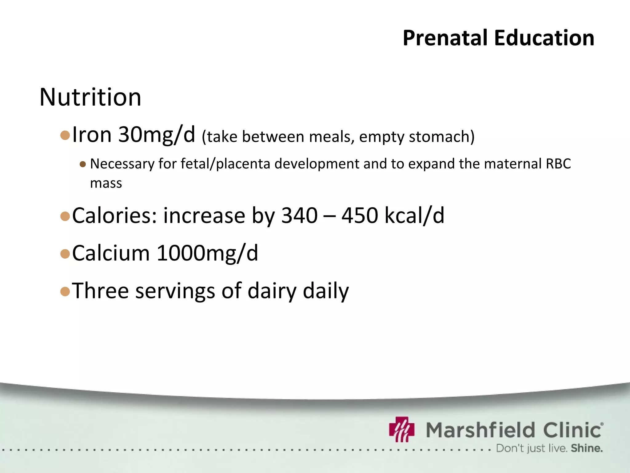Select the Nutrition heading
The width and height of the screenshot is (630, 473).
click(90, 97)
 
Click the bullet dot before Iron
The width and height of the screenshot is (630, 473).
click(65, 135)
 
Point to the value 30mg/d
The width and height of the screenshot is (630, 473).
click(157, 135)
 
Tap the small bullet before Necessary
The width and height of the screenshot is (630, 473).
click(82, 164)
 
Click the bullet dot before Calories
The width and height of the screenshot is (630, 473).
click(65, 216)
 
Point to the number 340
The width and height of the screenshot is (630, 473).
click(299, 216)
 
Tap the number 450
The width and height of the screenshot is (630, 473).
click(360, 216)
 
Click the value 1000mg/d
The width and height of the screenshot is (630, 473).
click(207, 253)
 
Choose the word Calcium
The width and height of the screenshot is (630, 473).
click(111, 253)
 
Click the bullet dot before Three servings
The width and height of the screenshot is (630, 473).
click(65, 291)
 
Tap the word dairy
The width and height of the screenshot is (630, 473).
click(272, 291)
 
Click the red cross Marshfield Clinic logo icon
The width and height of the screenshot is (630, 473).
click(402, 429)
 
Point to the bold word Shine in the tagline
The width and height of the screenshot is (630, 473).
click(586, 448)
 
